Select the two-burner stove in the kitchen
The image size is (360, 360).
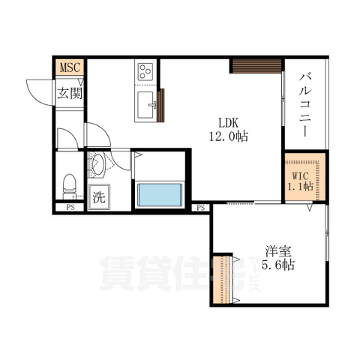tap(145, 73)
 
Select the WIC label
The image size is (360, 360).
tap(300, 177)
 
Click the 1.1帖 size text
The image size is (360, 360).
tap(300, 188)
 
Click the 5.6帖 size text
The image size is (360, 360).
tap(277, 265)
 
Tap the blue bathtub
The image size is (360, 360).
tap(159, 194)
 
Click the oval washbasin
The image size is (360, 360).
tap(98, 165)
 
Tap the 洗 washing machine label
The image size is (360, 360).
tap(98, 199)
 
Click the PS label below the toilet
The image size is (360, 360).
tap(70, 207)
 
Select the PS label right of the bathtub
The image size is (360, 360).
tap(200, 207)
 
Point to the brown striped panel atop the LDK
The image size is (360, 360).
tap(250, 66)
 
